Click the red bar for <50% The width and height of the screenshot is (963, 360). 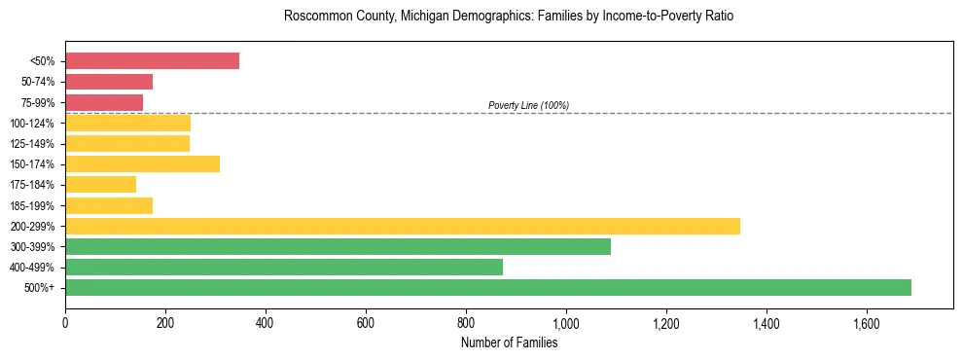(x=152, y=61)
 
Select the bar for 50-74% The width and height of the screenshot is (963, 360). (x=109, y=82)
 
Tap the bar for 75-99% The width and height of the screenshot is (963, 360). (x=104, y=102)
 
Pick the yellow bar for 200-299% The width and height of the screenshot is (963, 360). (x=402, y=226)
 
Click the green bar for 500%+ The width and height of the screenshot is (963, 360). (x=487, y=287)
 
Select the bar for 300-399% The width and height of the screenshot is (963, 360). (x=338, y=246)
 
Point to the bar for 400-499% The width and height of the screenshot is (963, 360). (x=284, y=267)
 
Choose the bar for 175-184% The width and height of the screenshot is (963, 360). (x=100, y=184)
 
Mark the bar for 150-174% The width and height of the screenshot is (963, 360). (x=142, y=163)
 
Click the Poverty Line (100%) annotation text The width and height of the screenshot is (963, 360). (x=528, y=105)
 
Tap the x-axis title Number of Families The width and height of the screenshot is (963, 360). (x=509, y=342)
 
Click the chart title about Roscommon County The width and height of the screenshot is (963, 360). (x=509, y=17)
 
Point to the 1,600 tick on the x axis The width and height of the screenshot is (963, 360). (x=867, y=322)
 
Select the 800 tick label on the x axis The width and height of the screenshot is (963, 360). (x=466, y=322)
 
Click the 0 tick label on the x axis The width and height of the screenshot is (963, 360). (x=65, y=322)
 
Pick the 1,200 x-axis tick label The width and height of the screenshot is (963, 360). (x=666, y=322)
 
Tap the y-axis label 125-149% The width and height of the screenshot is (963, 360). (x=32, y=144)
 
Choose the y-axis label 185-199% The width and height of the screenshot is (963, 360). (x=32, y=205)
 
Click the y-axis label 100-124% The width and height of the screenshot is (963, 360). (x=32, y=124)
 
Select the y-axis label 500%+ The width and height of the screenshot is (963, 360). (x=39, y=288)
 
